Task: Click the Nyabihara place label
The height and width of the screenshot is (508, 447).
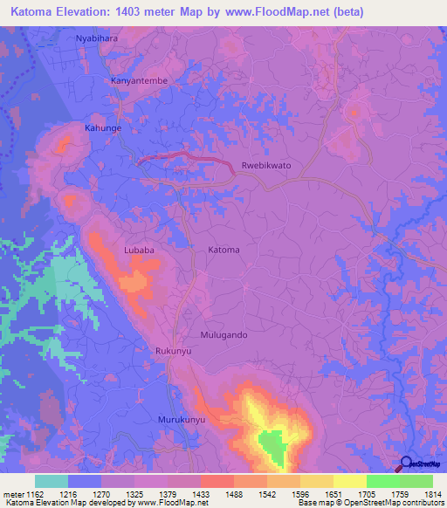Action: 96,40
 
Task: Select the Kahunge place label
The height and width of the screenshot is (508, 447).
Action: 102,127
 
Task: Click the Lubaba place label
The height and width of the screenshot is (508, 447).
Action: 139,250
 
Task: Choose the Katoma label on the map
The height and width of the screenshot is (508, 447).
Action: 223,250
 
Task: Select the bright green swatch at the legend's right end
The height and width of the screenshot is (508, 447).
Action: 416,481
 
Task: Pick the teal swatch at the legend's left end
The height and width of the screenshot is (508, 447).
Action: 52,481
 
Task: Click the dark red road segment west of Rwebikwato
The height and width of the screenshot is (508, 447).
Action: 188,156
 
